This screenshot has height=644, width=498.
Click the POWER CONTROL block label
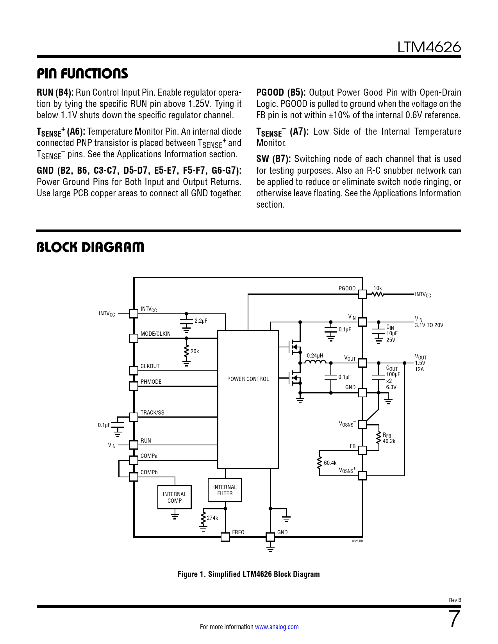pos(248,379)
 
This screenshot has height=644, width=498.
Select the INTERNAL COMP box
pos(175,497)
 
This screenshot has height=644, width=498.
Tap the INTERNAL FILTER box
pos(225,490)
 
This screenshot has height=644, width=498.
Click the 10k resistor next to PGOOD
pos(377,294)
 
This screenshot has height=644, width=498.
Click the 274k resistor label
pos(212,518)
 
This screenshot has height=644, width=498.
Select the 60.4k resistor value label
pos(330,463)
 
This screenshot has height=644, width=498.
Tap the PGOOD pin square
pos(362,294)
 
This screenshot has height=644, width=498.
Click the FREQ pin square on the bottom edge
pos(225,537)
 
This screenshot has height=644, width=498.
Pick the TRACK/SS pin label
pos(152,412)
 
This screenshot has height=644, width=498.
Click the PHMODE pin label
pos(151,381)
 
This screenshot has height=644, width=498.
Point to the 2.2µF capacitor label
pos(201,321)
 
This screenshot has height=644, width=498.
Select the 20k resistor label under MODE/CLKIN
pos(195,351)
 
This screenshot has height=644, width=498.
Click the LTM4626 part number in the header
pos(429,47)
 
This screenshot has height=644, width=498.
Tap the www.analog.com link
pos(277,626)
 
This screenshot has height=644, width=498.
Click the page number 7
pos(455,619)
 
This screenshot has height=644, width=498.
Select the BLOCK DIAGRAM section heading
pos(90,247)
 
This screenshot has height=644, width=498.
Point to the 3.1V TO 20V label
pos(429,325)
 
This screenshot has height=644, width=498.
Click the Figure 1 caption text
pos(248,574)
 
